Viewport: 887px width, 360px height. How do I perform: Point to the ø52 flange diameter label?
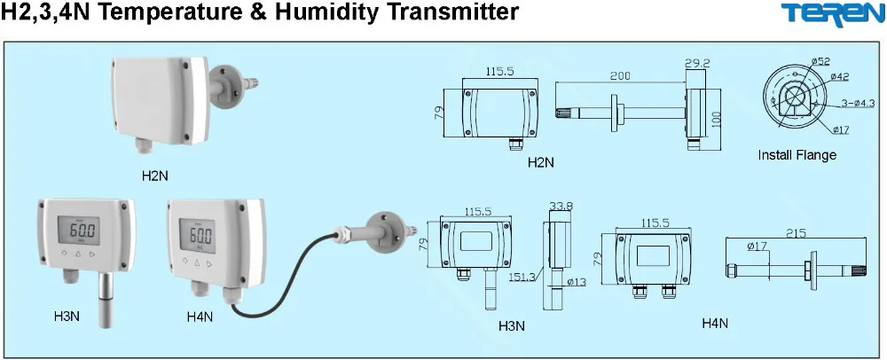click(x=820, y=61)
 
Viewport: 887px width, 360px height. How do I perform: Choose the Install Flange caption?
click(x=797, y=155)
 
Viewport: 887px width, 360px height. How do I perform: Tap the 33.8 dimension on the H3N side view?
click(x=561, y=206)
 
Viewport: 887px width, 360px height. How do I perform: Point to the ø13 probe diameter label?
click(x=577, y=283)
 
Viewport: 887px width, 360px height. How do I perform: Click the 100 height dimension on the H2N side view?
click(x=716, y=117)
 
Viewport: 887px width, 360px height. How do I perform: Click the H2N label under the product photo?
click(x=154, y=176)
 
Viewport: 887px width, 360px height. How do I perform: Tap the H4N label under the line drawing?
click(x=715, y=324)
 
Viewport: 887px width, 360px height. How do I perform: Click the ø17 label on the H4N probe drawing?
click(x=757, y=247)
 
